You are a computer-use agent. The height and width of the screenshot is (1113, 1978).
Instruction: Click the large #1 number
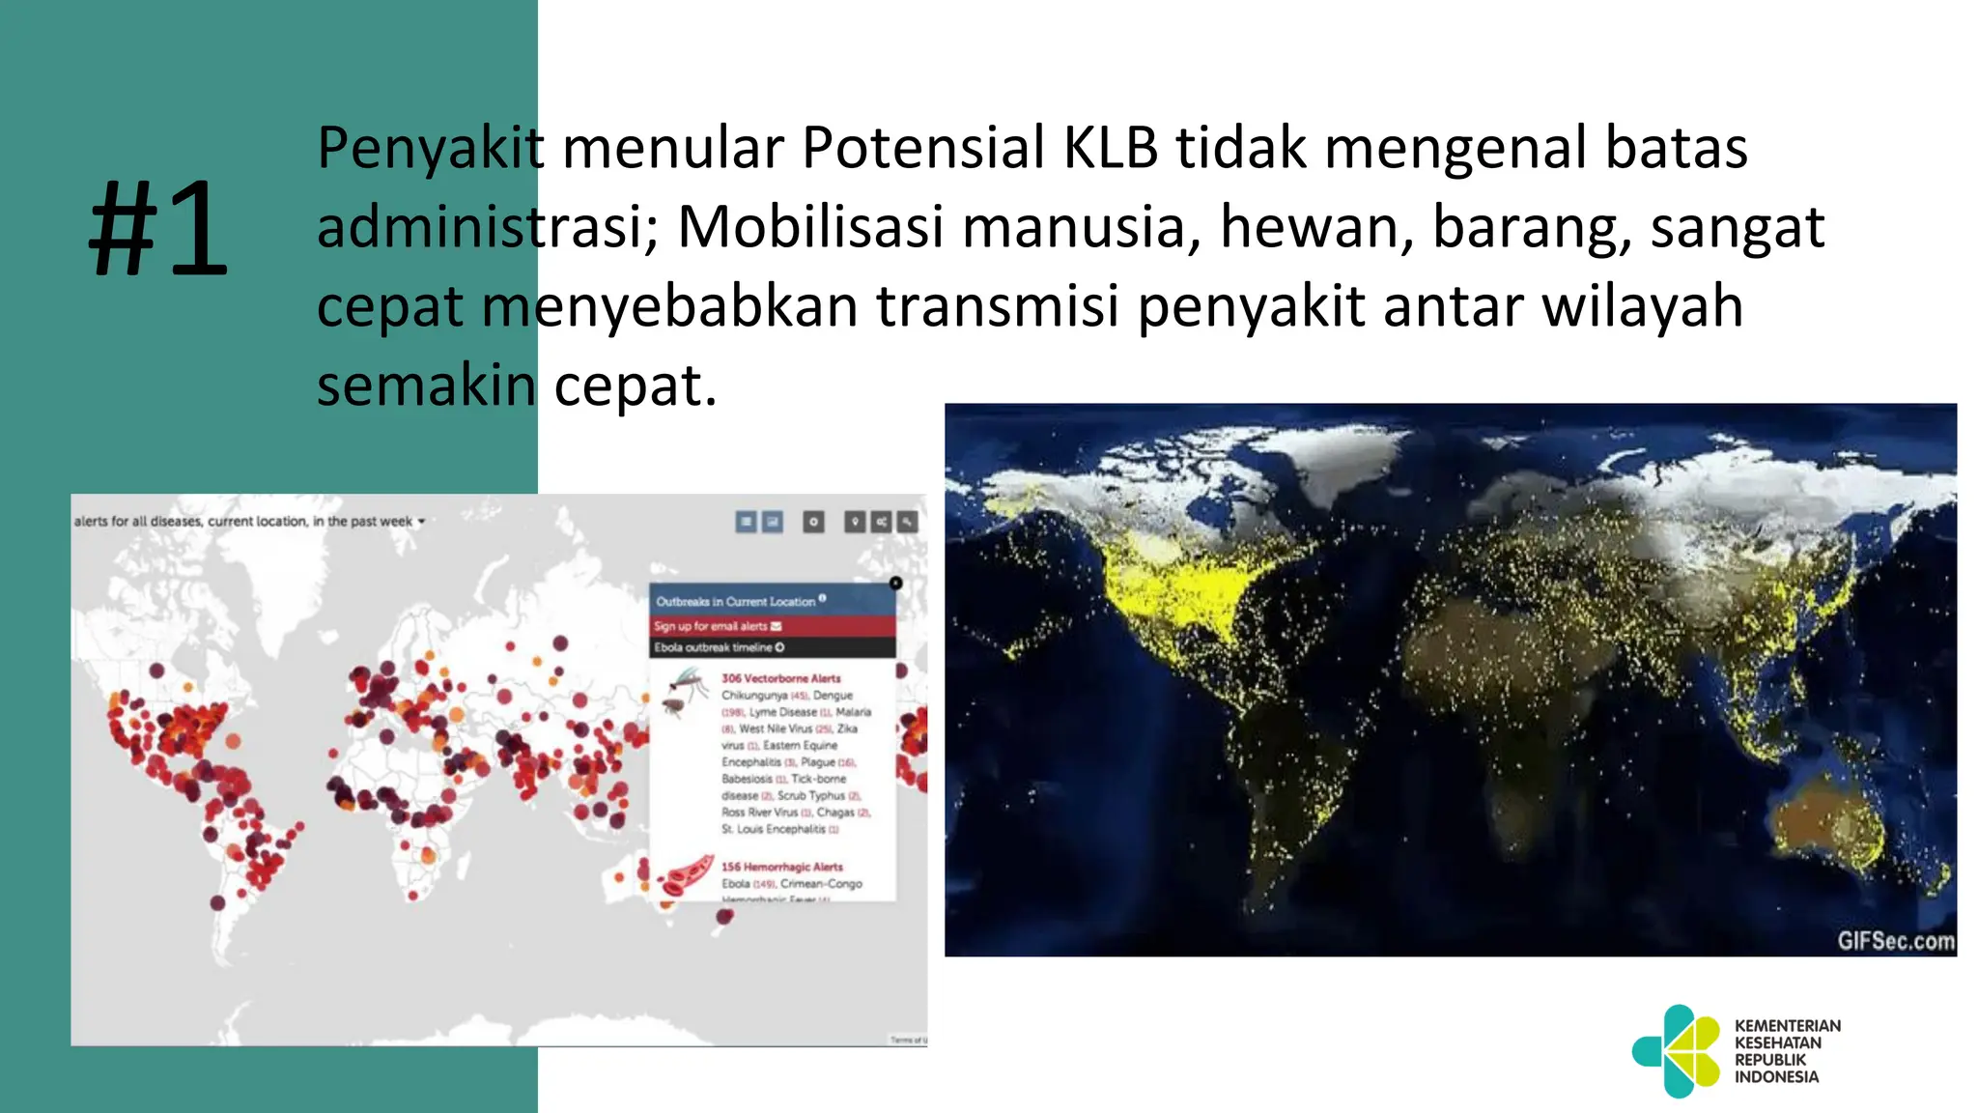[x=158, y=230]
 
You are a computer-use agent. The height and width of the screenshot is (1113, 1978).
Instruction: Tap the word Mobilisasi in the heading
[x=809, y=227]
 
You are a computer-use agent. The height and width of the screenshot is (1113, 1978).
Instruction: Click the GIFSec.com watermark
[x=1895, y=940]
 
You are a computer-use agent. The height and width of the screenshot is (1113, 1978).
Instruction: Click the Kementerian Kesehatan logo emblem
[x=1677, y=1051]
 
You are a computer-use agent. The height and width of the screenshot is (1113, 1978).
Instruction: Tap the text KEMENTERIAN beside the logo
[x=1787, y=1025]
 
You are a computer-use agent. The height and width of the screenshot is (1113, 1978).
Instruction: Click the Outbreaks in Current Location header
[x=736, y=601]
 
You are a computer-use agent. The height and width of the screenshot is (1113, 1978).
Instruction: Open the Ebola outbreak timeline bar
[x=719, y=647]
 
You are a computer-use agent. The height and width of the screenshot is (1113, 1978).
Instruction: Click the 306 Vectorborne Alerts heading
[x=780, y=678]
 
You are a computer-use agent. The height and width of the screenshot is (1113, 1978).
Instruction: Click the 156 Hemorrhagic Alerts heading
[x=781, y=867]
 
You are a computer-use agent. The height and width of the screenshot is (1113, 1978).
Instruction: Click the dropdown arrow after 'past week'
[x=421, y=522]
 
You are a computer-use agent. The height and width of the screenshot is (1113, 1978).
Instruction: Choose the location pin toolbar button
[x=855, y=522]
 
